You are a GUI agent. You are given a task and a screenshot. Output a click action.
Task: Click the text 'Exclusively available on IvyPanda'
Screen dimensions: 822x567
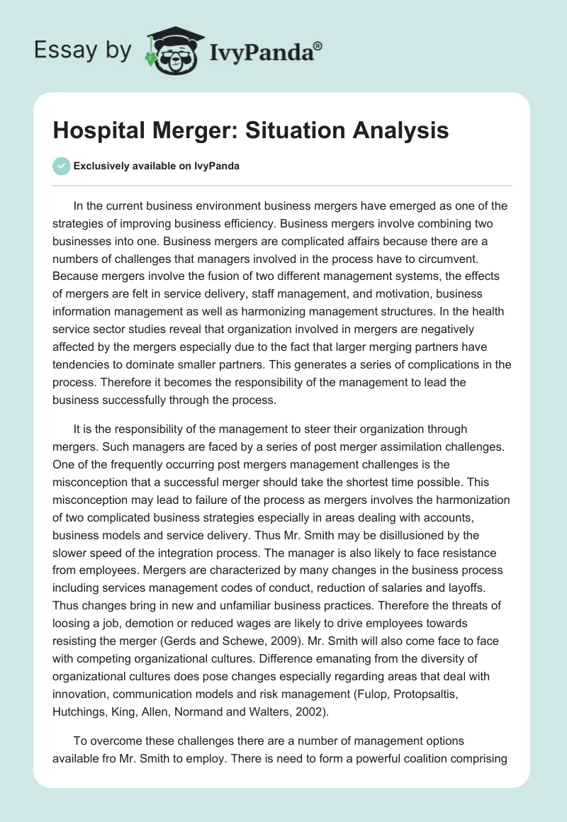click(x=156, y=167)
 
